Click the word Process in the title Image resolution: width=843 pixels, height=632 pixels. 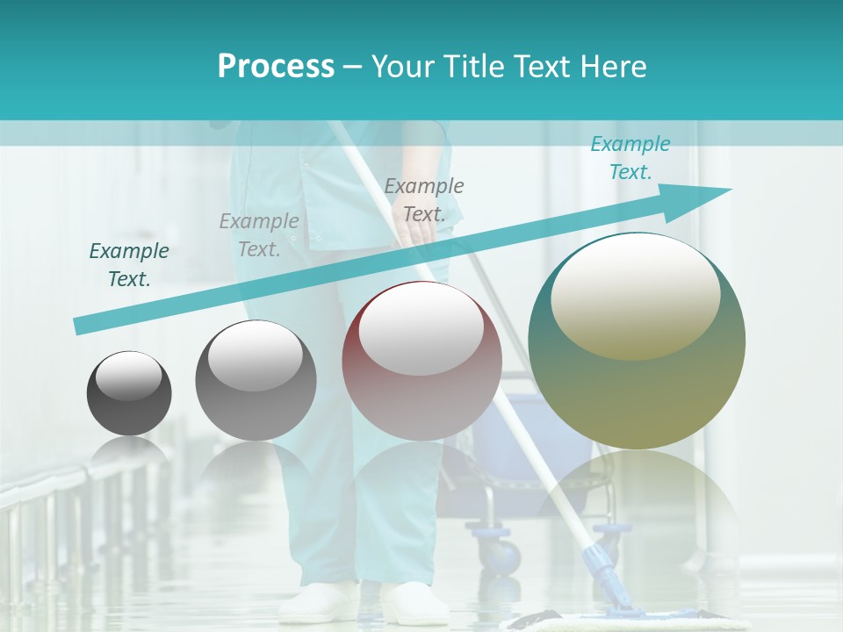tap(276, 67)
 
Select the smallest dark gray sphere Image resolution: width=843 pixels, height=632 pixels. tap(129, 393)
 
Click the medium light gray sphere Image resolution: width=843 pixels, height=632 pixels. tap(256, 380)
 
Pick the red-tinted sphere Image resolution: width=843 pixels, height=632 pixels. tap(421, 362)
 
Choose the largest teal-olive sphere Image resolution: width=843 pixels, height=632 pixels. tap(637, 341)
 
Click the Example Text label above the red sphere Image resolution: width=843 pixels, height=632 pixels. tap(424, 200)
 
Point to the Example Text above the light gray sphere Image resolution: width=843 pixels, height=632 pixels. tap(259, 235)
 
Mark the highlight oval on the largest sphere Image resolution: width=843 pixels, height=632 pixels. tap(635, 297)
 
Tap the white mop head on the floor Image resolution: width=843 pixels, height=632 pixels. tap(615, 623)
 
